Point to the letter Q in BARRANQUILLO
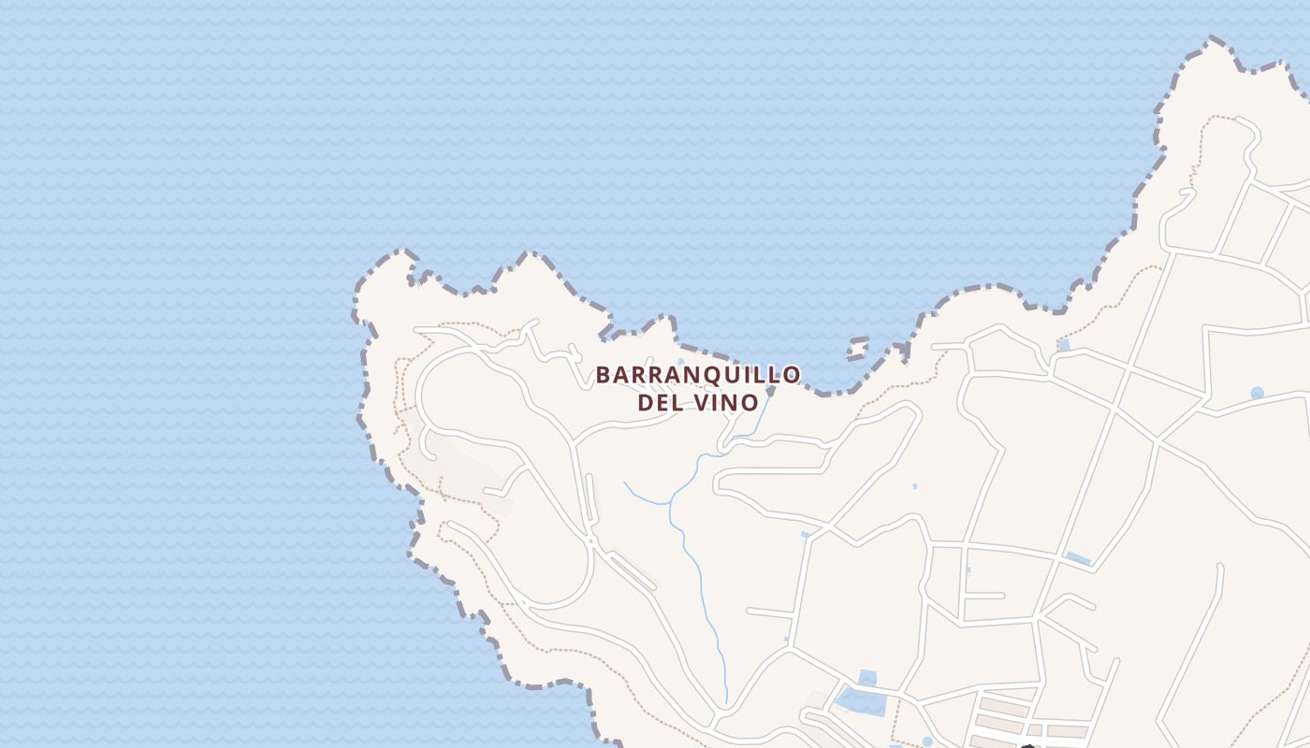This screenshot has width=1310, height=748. pos(704,376)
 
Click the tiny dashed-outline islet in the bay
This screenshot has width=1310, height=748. pos(857,351)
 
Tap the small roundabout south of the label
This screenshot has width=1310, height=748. pos(591,540)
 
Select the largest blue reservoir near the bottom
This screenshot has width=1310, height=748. pos(861,701)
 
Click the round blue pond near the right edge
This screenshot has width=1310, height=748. pos(1257,393)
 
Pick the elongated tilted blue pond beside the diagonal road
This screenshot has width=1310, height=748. pos(1078,558)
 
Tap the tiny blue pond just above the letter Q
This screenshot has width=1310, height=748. pos(680,362)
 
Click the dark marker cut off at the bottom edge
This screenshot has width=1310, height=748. pos(1027,745)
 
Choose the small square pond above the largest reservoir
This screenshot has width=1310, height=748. pos(867,677)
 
